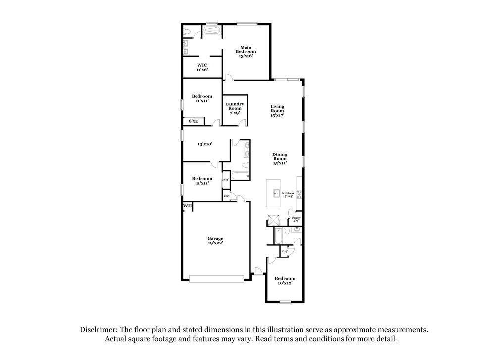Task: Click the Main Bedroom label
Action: (x=246, y=51)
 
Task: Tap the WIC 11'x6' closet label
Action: (x=202, y=67)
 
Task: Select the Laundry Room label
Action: (x=234, y=108)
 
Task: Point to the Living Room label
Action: (x=277, y=111)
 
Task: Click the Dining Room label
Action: (x=280, y=158)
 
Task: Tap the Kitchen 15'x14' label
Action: (x=288, y=194)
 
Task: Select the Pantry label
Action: (x=296, y=219)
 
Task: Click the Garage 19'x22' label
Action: (x=215, y=241)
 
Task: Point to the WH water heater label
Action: (x=187, y=206)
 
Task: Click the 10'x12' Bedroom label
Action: (x=285, y=280)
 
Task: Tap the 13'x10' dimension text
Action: (x=205, y=144)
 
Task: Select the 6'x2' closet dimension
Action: (x=193, y=121)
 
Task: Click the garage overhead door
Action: (x=217, y=279)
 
